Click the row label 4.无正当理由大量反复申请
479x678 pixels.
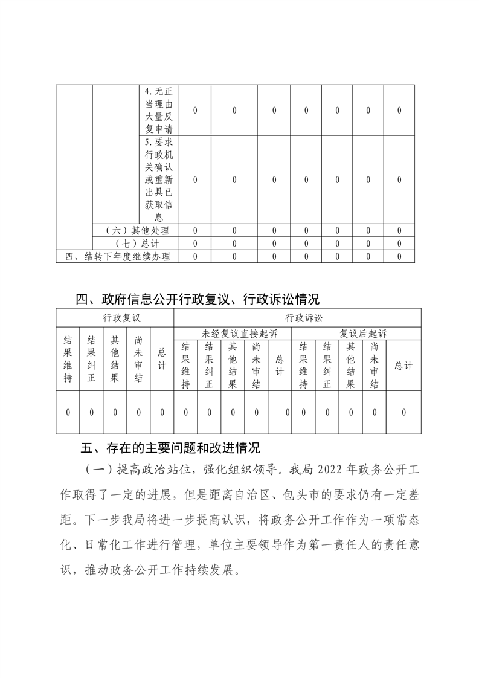(159, 110)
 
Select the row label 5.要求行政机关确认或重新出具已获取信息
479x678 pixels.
(159, 179)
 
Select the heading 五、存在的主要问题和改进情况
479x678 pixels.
(170, 448)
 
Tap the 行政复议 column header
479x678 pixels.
(115, 318)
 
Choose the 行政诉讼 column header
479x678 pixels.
(297, 318)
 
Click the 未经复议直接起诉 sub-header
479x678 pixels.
(233, 334)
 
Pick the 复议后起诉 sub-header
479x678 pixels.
(356, 334)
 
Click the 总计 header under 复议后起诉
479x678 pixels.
(403, 366)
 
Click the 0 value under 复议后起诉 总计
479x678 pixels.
(403, 412)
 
